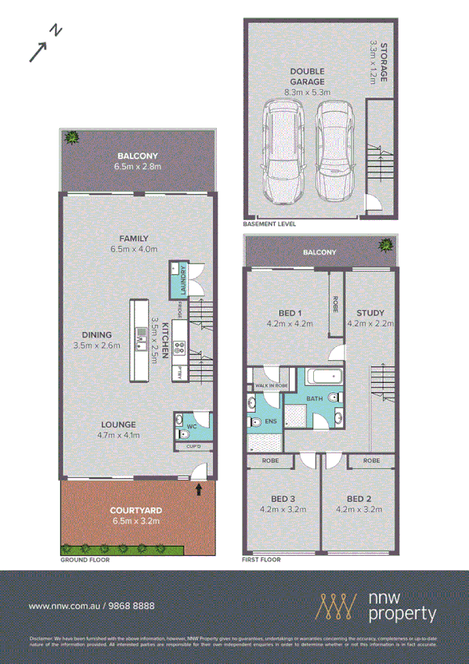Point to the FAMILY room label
pos(134,239)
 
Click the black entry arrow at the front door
pos(198,489)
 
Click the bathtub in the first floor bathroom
pos(323,377)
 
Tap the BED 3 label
pos(282,498)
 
